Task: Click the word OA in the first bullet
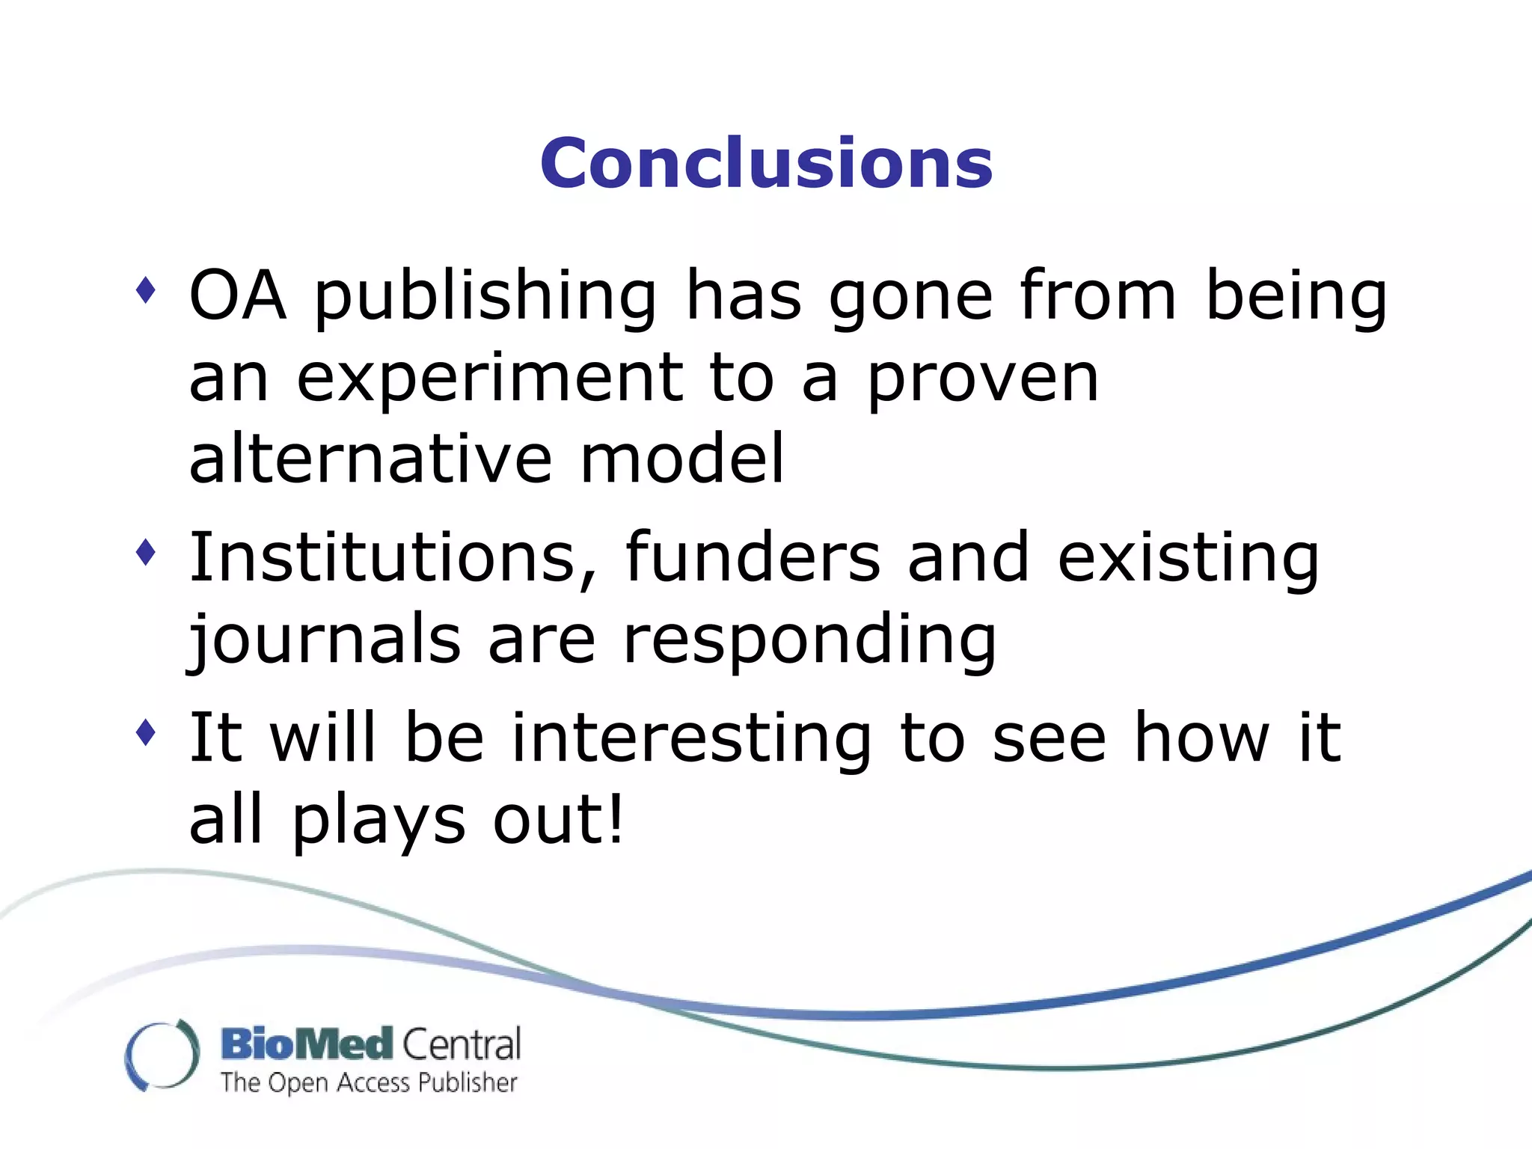click(237, 295)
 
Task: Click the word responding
click(809, 642)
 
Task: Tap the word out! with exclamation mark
click(558, 820)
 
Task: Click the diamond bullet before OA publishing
click(146, 290)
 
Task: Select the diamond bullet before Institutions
click(146, 553)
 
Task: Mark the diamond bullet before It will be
click(146, 733)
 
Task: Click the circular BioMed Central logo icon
click(162, 1055)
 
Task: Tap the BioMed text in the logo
click(307, 1044)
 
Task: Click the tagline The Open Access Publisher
click(369, 1082)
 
